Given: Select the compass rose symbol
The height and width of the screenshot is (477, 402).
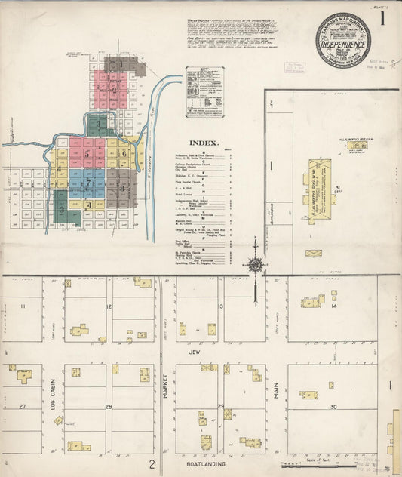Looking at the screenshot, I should coord(255,264).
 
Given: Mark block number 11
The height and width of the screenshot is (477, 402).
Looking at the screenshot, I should coord(23,306).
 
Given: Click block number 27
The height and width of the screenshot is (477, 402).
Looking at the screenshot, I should coord(23,407).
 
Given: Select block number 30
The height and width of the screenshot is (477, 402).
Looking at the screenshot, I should coord(333,407).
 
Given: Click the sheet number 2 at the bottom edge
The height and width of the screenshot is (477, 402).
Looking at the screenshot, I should coord(152,464).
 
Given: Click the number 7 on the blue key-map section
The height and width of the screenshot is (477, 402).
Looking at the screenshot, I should coord(87,183).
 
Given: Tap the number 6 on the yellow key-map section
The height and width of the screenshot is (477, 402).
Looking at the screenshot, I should coord(122,153).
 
